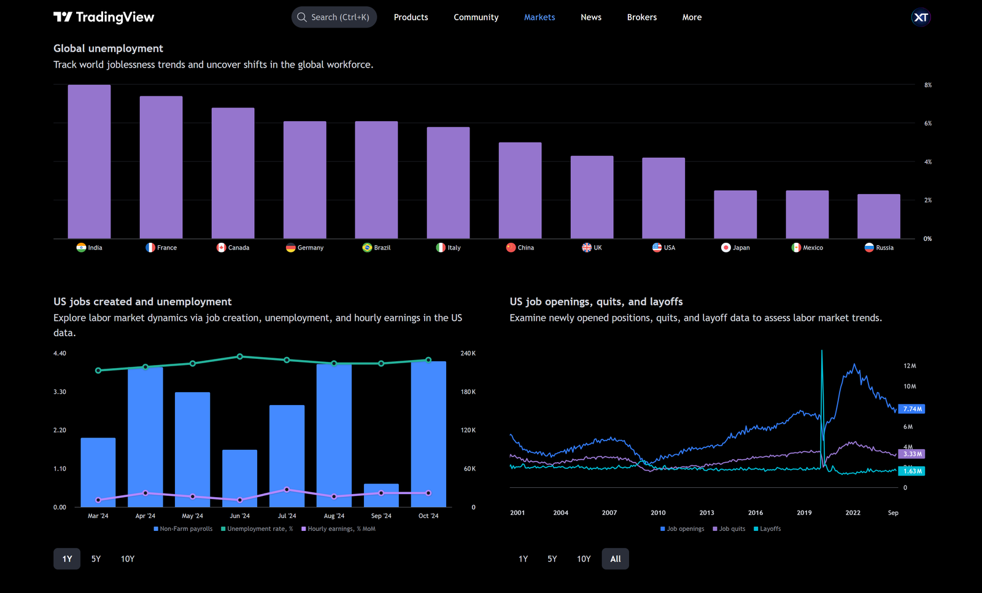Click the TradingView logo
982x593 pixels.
pyautogui.click(x=104, y=17)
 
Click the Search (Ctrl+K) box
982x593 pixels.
pyautogui.click(x=334, y=17)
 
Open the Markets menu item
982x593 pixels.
pyautogui.click(x=539, y=17)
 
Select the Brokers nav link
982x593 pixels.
pyautogui.click(x=641, y=17)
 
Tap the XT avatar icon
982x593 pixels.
pyautogui.click(x=921, y=17)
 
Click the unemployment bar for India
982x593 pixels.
pyautogui.click(x=89, y=162)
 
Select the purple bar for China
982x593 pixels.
pyautogui.click(x=520, y=190)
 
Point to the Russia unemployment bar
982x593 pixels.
pyautogui.click(x=878, y=216)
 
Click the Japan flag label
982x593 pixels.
pyautogui.click(x=735, y=248)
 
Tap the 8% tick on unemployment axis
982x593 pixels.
pyautogui.click(x=927, y=85)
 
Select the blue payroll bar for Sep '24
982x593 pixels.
pyautogui.click(x=381, y=495)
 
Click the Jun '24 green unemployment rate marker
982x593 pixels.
pyautogui.click(x=240, y=356)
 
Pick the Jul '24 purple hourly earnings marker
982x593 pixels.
pyautogui.click(x=287, y=490)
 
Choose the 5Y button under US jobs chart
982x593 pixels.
pyautogui.click(x=96, y=559)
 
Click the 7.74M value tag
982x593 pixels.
pyautogui.click(x=911, y=409)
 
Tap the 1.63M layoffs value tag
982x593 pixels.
pyautogui.click(x=911, y=471)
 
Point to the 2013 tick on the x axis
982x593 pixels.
pyautogui.click(x=706, y=512)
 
